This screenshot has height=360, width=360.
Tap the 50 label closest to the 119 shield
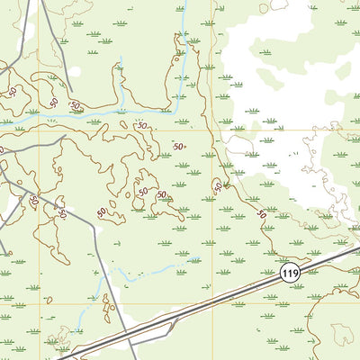pos(261,214)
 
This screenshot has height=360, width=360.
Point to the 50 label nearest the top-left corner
pos(13,91)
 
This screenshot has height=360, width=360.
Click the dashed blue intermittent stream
pos(135,274)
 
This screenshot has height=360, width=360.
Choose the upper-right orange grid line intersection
pos(213,130)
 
